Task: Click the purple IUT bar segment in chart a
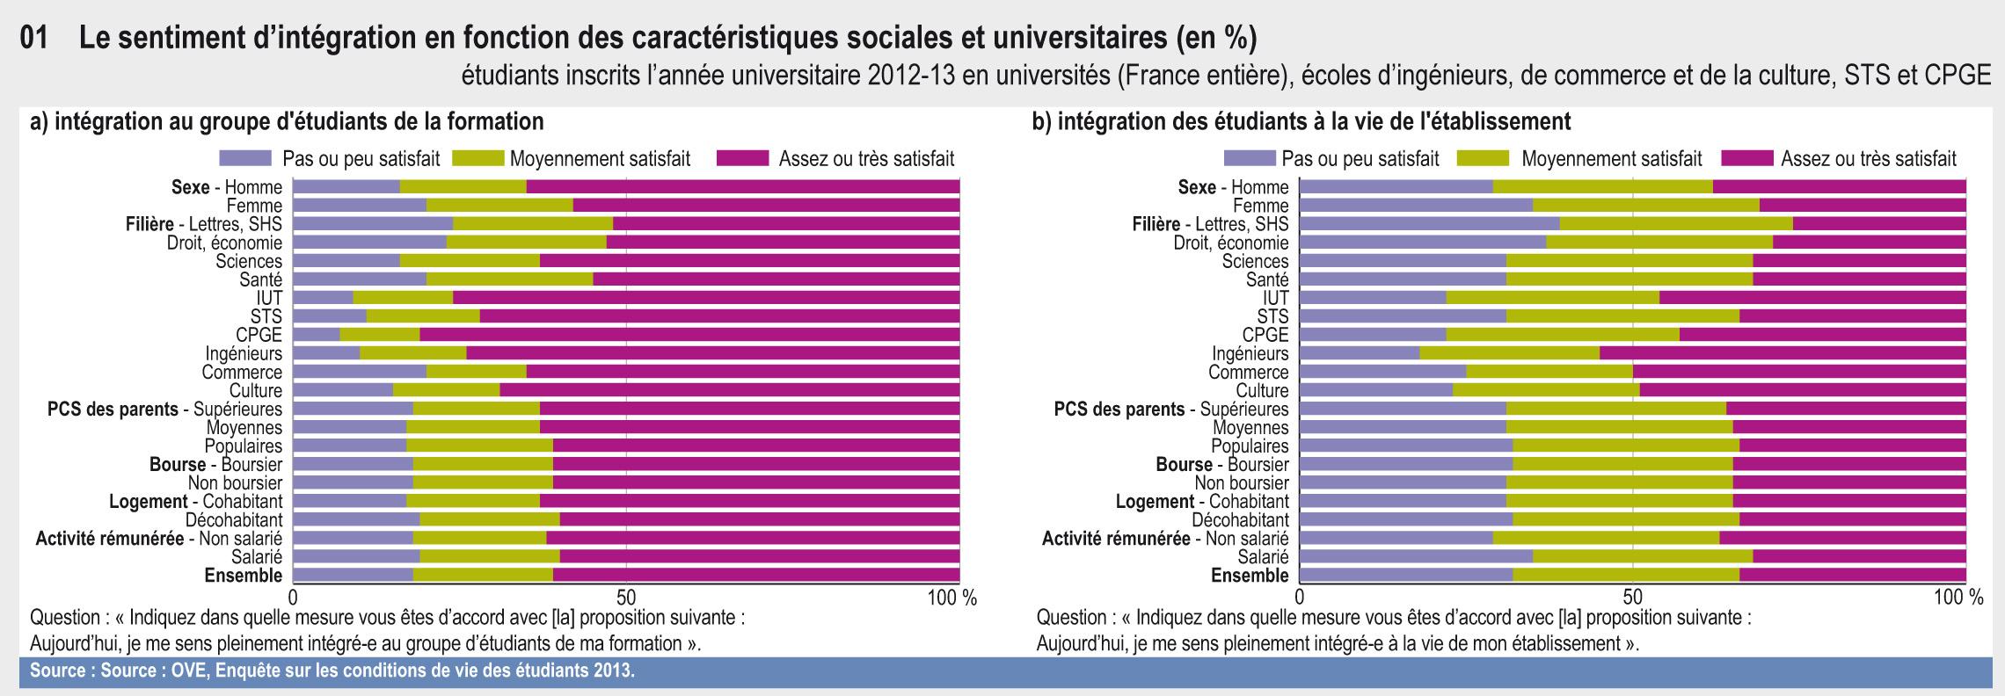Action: [323, 298]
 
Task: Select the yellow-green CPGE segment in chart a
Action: [380, 335]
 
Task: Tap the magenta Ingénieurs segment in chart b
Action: [1782, 353]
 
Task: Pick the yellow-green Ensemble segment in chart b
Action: [1625, 576]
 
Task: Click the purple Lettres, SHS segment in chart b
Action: [1429, 224]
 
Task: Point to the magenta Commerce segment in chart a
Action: [742, 372]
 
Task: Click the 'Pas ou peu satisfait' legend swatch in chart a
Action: [245, 159]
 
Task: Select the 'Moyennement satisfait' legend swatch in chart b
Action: [1483, 159]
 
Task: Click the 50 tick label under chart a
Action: [626, 598]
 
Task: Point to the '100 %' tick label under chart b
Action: [1959, 598]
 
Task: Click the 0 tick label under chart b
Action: [1301, 598]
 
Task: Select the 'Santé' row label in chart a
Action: [260, 279]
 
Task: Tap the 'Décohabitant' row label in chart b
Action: [1240, 519]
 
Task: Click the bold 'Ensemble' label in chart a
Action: [244, 576]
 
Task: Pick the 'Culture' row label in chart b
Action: [1262, 390]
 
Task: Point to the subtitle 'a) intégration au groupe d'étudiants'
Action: [287, 120]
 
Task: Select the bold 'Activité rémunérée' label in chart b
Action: [1116, 538]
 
